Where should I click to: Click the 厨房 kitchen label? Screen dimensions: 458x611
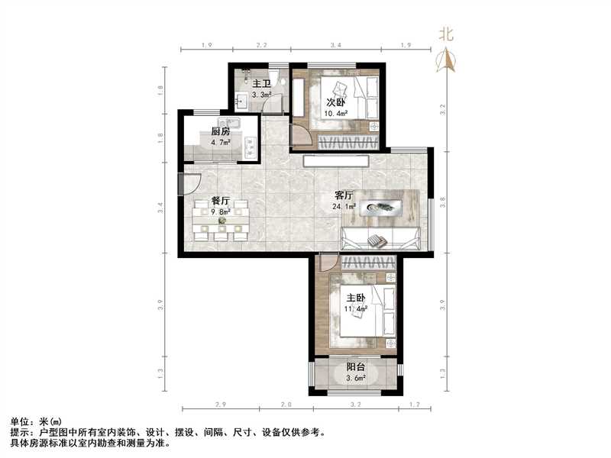click(221, 131)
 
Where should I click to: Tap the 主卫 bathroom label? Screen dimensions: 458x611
click(263, 84)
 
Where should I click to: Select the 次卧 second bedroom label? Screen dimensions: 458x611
click(336, 102)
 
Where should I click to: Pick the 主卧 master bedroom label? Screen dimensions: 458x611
click(356, 298)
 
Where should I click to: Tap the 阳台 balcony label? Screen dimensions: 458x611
click(356, 366)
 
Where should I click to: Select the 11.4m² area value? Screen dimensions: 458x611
click(356, 309)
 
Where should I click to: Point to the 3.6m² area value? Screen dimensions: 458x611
click(356, 377)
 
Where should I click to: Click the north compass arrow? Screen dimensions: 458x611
click(446, 60)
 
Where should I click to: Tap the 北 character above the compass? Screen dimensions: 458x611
click(446, 34)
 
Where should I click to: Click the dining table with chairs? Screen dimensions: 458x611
click(221, 221)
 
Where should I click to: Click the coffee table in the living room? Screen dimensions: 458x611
click(380, 206)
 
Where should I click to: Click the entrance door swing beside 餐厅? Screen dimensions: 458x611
click(188, 185)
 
